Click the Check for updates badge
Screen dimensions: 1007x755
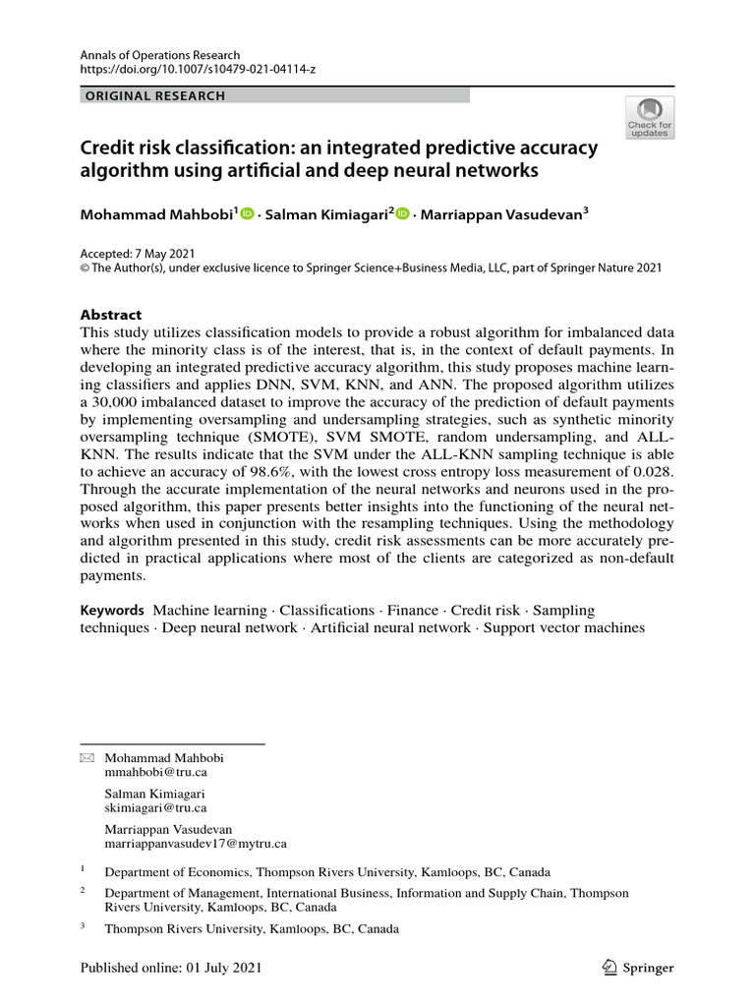pos(649,117)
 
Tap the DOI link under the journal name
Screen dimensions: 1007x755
pos(198,70)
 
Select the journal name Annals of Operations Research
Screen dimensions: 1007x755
pos(159,55)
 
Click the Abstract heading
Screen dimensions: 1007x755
pos(110,315)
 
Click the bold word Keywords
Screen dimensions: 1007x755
pos(112,611)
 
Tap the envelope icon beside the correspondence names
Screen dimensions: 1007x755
pos(87,758)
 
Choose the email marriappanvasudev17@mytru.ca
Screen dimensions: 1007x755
pos(196,843)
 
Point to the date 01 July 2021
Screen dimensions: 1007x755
pos(224,968)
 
